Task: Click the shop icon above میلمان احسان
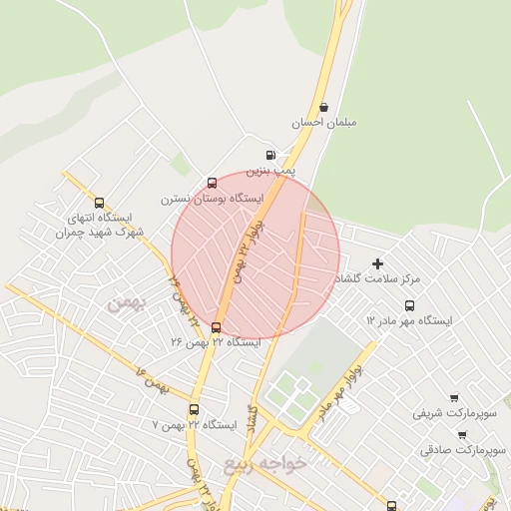click(323, 107)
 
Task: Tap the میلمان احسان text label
click(323, 123)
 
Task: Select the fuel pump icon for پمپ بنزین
click(271, 155)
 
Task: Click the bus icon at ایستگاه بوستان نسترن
click(212, 183)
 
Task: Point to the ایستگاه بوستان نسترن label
click(211, 199)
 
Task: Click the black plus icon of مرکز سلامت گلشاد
click(377, 263)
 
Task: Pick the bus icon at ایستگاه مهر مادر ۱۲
click(409, 305)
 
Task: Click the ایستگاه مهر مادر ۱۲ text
click(409, 320)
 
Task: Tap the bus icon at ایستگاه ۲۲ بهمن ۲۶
click(217, 327)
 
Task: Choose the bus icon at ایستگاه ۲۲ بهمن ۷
click(194, 409)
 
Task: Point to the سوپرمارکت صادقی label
click(464, 450)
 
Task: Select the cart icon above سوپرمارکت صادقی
click(462, 434)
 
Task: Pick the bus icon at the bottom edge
click(391, 505)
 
